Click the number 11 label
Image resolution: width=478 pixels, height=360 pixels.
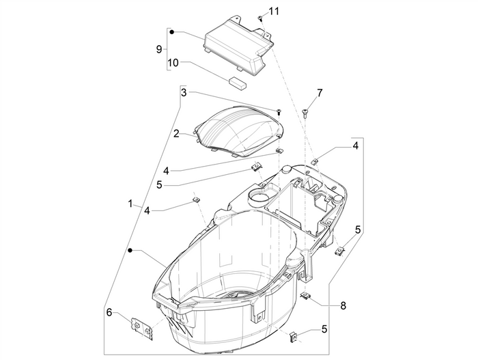point(274,11)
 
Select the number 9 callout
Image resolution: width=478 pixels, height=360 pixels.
point(158,50)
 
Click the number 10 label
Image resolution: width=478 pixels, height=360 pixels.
point(173,63)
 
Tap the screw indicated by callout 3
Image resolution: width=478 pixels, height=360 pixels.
point(279,111)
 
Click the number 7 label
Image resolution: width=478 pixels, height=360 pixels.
point(318,92)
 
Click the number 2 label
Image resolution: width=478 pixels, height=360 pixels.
point(176,135)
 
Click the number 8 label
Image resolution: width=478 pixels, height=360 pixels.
point(343,305)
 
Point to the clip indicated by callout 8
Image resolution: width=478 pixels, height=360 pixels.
point(306,296)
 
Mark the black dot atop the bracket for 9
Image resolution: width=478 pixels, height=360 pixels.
point(172,31)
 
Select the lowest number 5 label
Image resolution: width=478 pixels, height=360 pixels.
point(324,329)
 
